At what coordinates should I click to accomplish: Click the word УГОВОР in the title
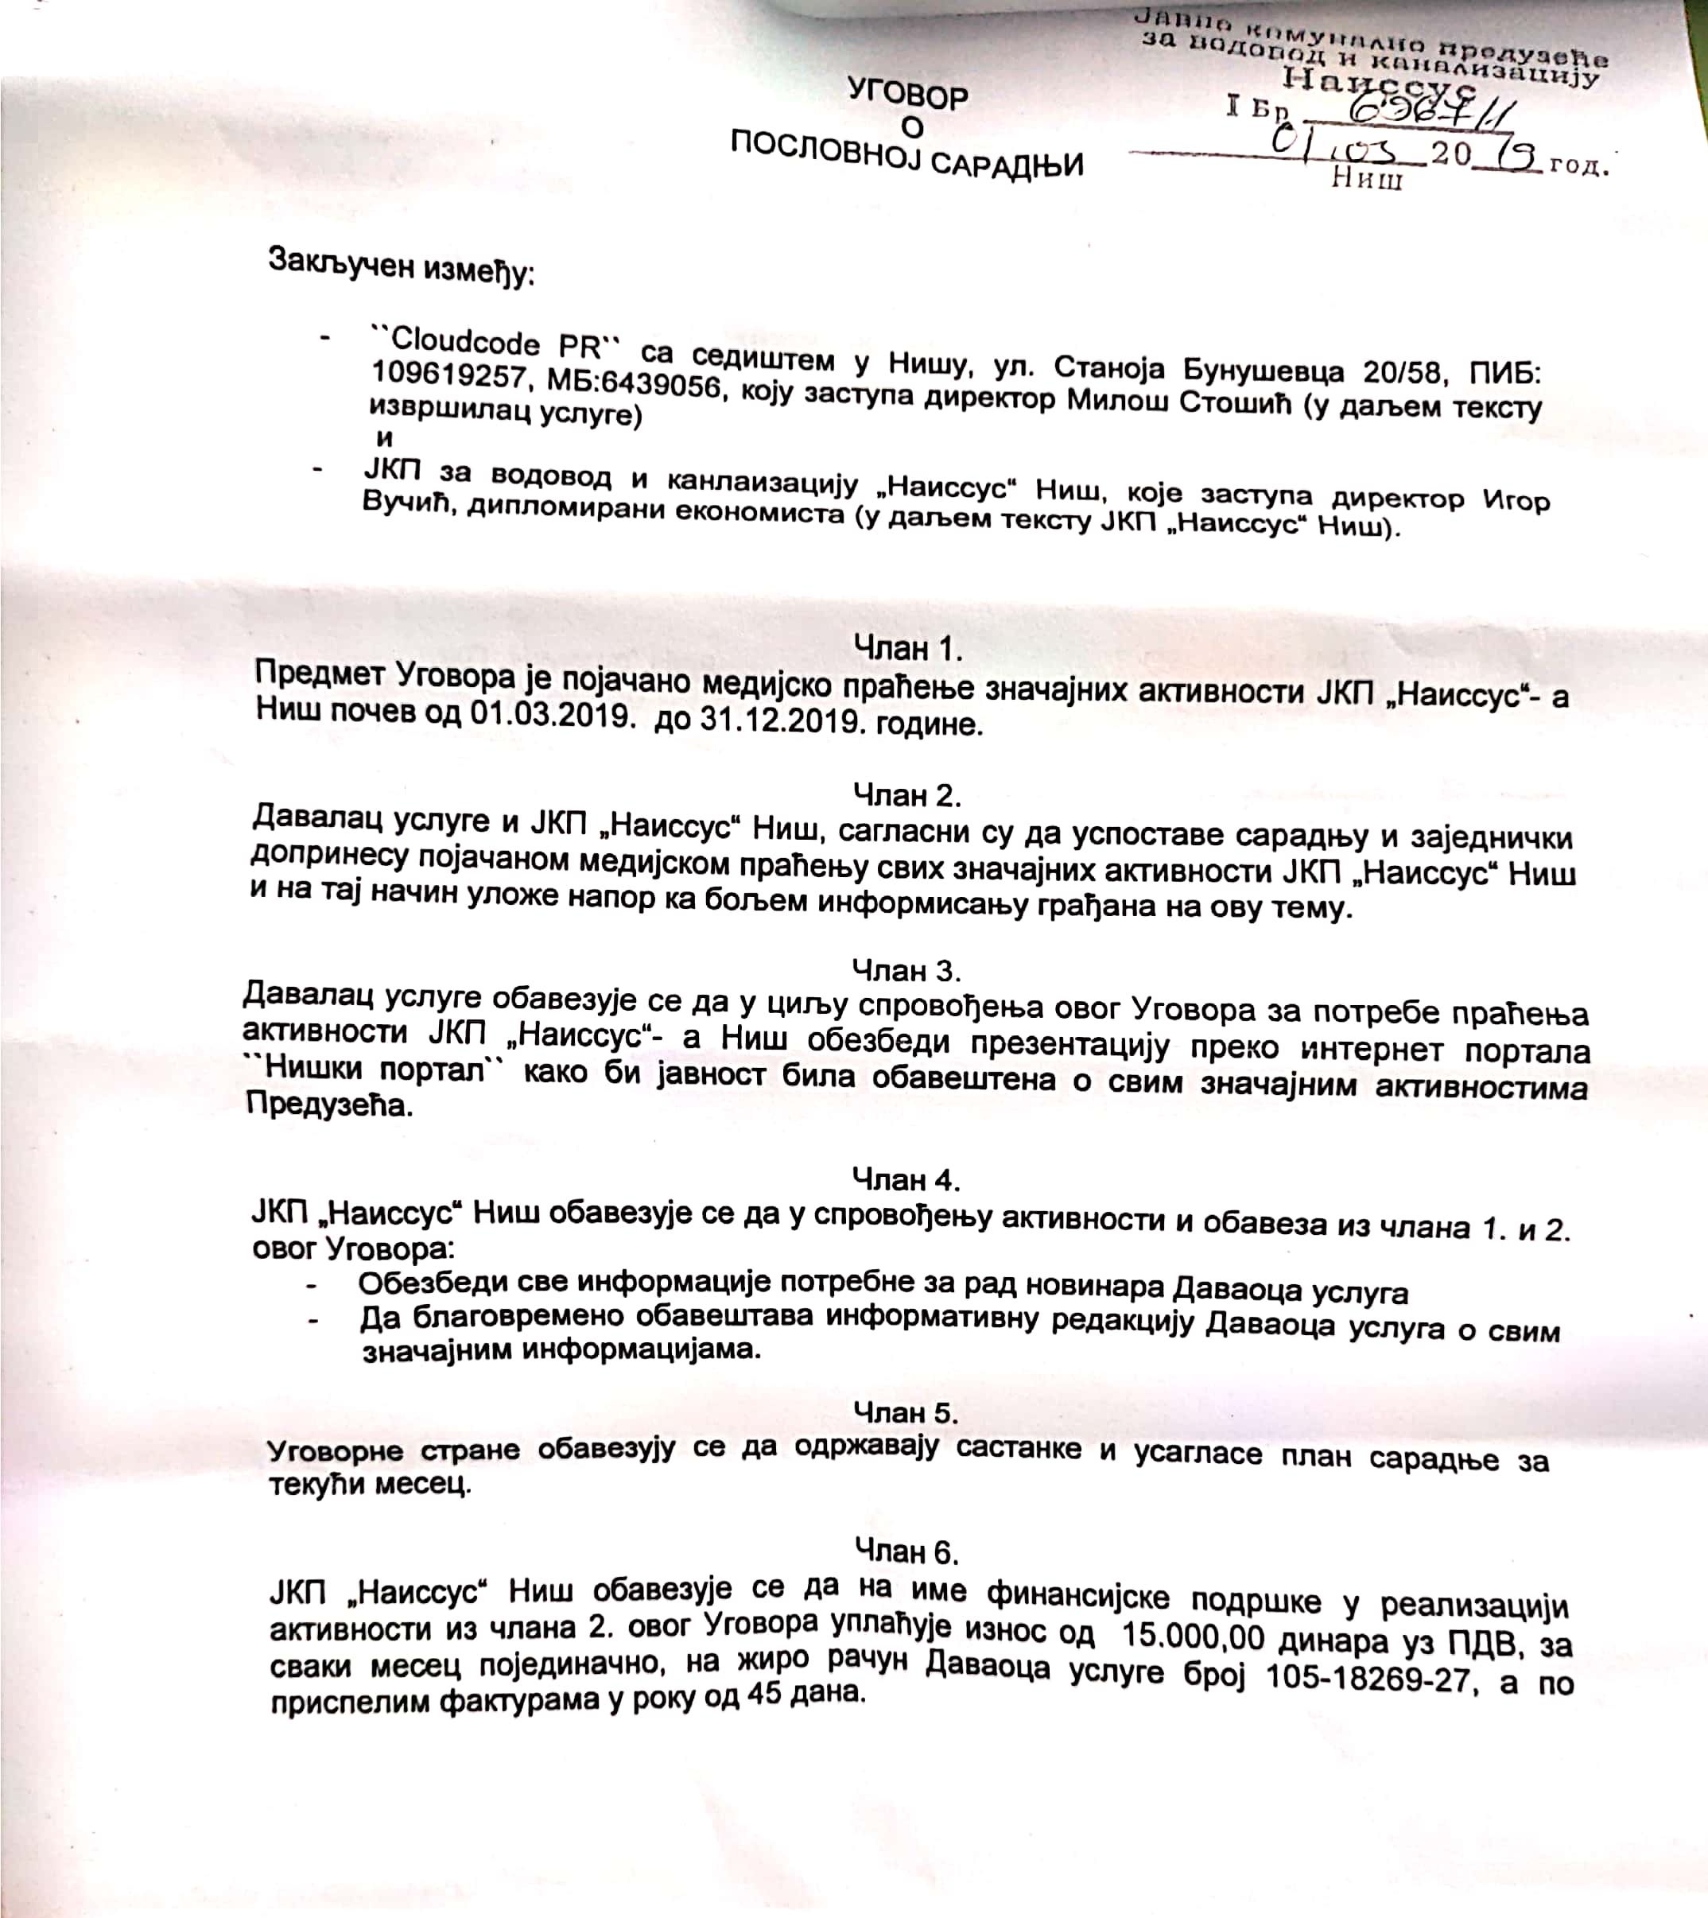pyautogui.click(x=907, y=94)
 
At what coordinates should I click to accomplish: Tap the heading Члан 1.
pyautogui.click(x=907, y=648)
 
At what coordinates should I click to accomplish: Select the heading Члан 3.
pyautogui.click(x=906, y=968)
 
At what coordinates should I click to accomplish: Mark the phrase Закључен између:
pyautogui.click(x=401, y=266)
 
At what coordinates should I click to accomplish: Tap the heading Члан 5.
pyautogui.click(x=906, y=1412)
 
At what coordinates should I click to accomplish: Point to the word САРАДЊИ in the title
pyautogui.click(x=1006, y=165)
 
